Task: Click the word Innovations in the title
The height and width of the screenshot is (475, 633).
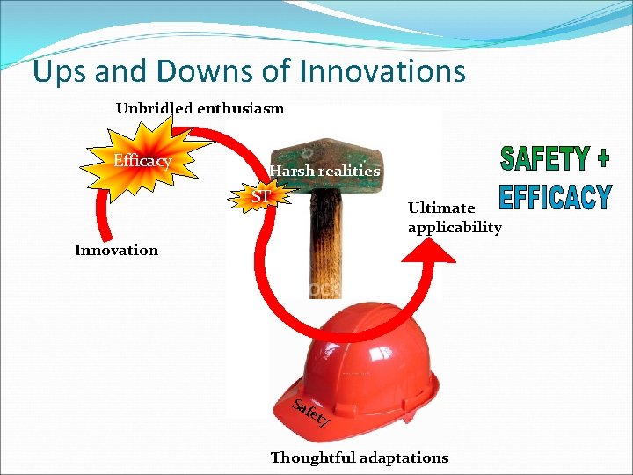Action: tap(382, 70)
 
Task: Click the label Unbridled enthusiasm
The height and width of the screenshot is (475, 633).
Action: tap(200, 109)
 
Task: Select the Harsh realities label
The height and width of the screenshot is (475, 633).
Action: tap(324, 171)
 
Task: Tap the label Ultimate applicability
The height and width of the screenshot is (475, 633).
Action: tap(454, 218)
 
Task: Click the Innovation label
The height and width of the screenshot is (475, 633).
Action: tap(116, 250)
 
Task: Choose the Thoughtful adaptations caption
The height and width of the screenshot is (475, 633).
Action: tap(359, 457)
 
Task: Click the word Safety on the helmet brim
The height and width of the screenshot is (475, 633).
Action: tap(311, 413)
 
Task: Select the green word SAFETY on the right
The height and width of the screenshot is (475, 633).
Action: tap(544, 158)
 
